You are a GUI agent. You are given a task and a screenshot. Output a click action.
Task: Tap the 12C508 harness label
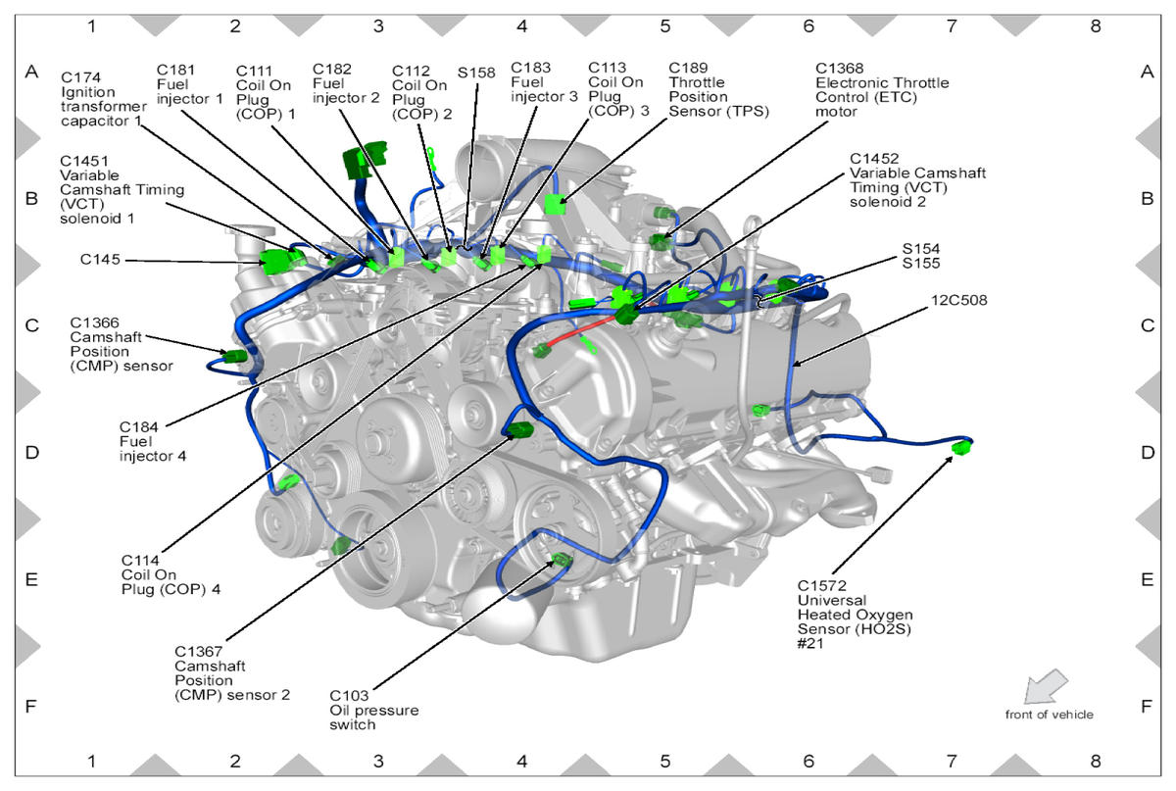tap(961, 301)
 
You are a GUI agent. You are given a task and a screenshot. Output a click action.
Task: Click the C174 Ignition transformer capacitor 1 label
tap(102, 99)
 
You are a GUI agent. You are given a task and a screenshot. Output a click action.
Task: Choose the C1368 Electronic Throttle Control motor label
tap(881, 90)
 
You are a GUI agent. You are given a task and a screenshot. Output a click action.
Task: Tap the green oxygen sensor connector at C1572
tap(963, 448)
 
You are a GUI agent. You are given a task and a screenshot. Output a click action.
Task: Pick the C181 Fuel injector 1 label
tap(190, 84)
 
